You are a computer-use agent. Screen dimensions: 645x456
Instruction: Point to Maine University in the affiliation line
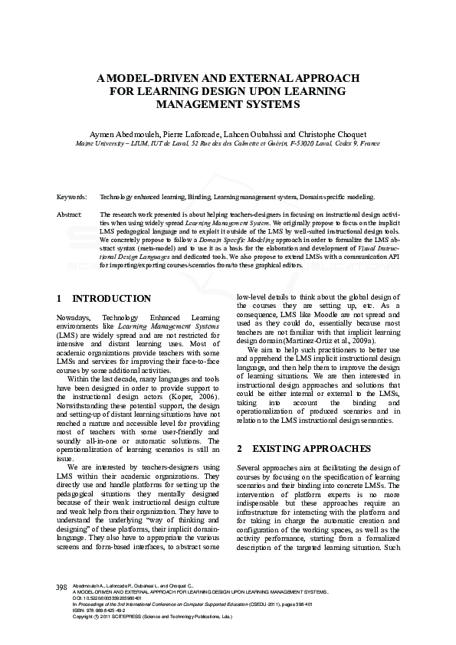(100, 143)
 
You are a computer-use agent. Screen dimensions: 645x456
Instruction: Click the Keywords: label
(71, 197)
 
